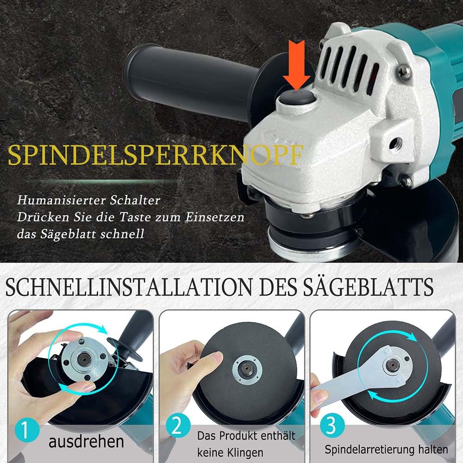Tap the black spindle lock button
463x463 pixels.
tap(297, 98)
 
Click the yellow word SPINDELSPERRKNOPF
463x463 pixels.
tap(156, 155)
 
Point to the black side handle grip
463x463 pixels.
tap(189, 80)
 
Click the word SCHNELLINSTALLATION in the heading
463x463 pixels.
tap(128, 287)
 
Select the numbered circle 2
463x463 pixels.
tap(178, 425)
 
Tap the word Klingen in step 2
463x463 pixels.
tap(245, 452)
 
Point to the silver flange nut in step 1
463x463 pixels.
tap(85, 359)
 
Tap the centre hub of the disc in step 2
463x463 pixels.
tap(247, 369)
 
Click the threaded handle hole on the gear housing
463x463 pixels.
tap(395, 144)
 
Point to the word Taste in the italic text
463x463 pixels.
tap(135, 217)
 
